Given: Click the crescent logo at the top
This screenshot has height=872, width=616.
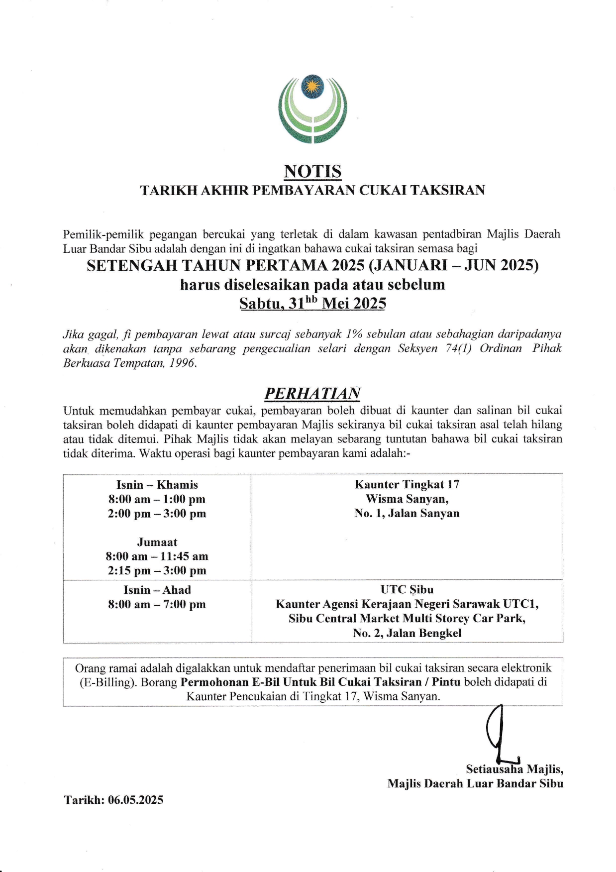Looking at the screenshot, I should [312, 109].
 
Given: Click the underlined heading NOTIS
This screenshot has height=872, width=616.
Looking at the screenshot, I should [312, 171].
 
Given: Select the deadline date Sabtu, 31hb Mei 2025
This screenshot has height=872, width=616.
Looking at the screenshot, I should [312, 304].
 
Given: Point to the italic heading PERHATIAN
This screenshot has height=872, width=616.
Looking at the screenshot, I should [312, 393].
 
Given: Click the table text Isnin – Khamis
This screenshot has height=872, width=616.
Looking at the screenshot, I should [157, 485].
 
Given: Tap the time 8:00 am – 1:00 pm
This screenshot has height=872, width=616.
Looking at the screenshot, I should [157, 499].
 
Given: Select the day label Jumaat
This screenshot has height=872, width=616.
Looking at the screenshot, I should [157, 542].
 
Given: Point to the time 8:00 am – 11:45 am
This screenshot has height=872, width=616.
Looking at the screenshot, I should [157, 556].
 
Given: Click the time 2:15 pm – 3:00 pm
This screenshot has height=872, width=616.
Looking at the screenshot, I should [157, 571].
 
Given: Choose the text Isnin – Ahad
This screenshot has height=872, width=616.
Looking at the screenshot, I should [157, 590].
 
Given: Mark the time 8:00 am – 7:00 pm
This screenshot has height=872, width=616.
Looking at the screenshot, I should [157, 604].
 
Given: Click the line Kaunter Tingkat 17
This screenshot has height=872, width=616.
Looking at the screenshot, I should [407, 485].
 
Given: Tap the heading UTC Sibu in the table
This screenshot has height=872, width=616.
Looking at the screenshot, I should [407, 590].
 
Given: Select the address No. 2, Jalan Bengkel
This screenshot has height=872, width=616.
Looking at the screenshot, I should [407, 633].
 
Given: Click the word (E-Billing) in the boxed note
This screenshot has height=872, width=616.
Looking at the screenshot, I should [108, 682].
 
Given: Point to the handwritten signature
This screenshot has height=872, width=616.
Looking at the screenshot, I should [500, 734].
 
